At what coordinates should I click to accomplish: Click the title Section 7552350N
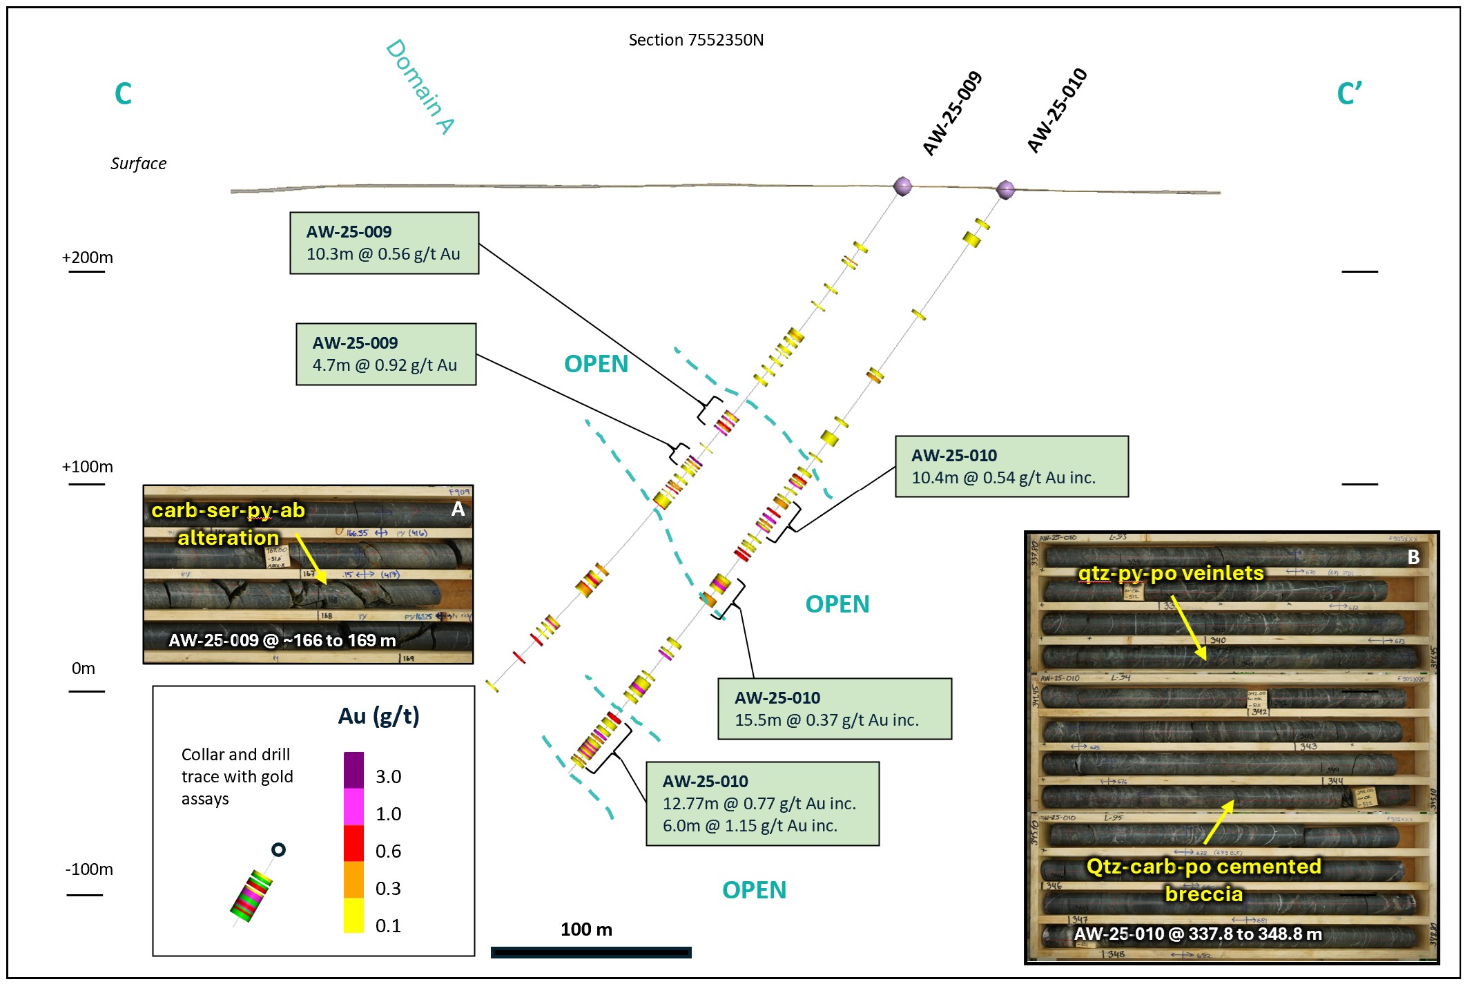pyautogui.click(x=696, y=40)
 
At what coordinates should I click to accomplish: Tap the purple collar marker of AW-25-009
pyautogui.click(x=902, y=186)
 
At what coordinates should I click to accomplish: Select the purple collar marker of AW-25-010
pyautogui.click(x=1006, y=189)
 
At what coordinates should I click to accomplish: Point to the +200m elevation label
pyautogui.click(x=88, y=258)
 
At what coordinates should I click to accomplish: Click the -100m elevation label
pyautogui.click(x=89, y=869)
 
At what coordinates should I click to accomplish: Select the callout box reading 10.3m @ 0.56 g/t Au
pyautogui.click(x=384, y=243)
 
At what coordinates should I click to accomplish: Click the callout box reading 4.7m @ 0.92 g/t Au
pyautogui.click(x=386, y=354)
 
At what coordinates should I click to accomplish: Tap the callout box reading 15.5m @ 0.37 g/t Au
pyautogui.click(x=835, y=709)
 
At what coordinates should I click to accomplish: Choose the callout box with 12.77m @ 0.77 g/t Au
pyautogui.click(x=762, y=804)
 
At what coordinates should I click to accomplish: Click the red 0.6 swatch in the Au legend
pyautogui.click(x=353, y=843)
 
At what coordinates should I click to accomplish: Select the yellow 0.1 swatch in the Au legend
pyautogui.click(x=353, y=916)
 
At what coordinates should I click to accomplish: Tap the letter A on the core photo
pyautogui.click(x=458, y=510)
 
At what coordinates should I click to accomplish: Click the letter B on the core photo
pyautogui.click(x=1413, y=557)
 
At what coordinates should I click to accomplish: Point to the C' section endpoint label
pyautogui.click(x=1349, y=94)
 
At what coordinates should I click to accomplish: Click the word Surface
pyautogui.click(x=138, y=164)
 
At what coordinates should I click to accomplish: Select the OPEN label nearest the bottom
pyautogui.click(x=754, y=890)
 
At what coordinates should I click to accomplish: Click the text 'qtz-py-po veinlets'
pyautogui.click(x=1171, y=573)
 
